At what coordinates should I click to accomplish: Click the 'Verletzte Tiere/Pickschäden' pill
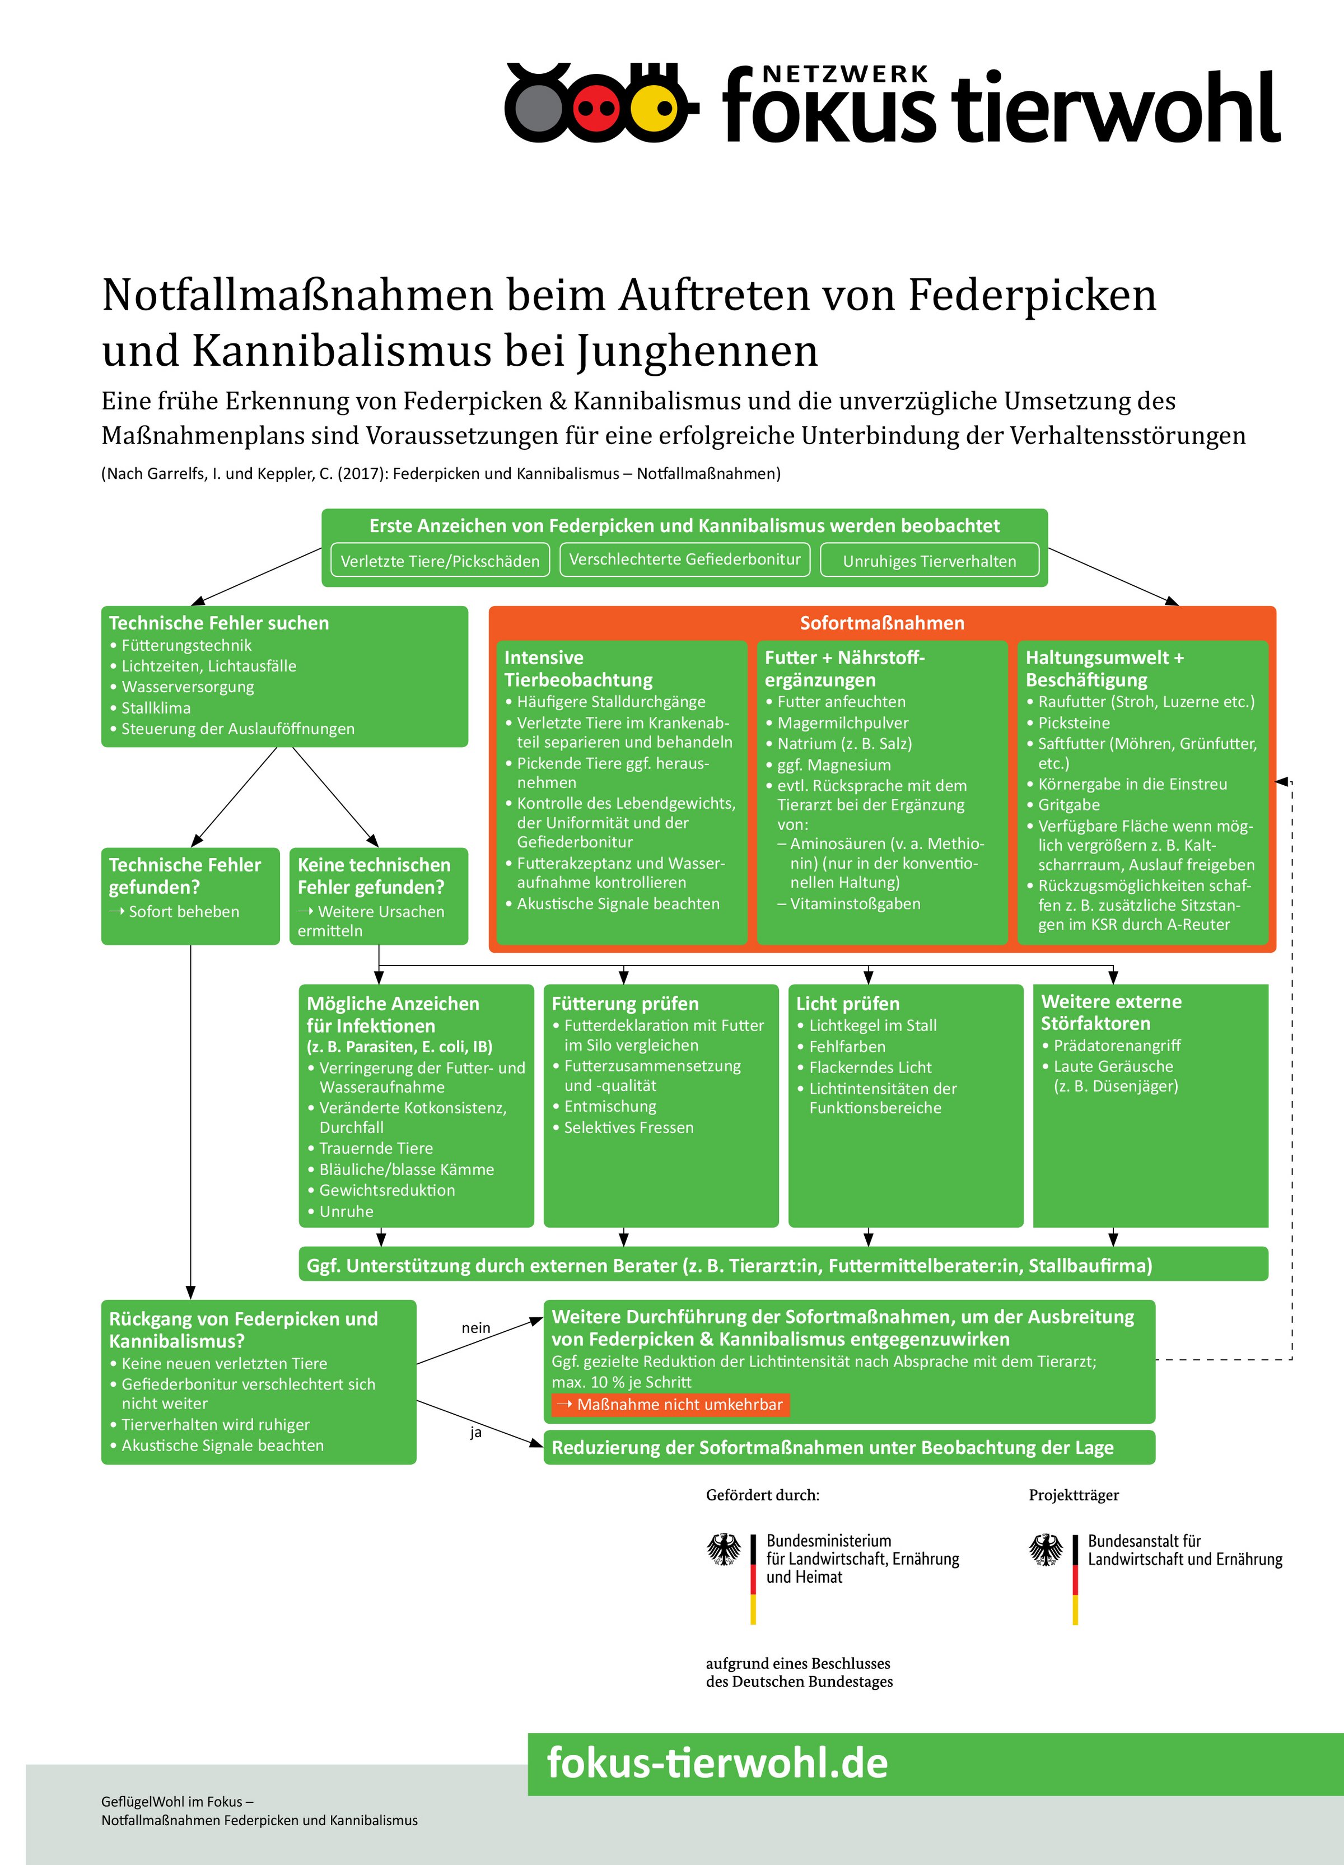tap(440, 561)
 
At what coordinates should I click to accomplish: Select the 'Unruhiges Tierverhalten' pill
tap(929, 561)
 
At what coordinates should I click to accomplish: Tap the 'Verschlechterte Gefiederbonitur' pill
tap(685, 559)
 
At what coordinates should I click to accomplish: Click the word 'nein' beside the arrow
tap(476, 1328)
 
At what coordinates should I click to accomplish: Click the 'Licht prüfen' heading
tap(847, 1003)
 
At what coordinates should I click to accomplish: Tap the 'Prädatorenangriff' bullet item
tap(1117, 1045)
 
